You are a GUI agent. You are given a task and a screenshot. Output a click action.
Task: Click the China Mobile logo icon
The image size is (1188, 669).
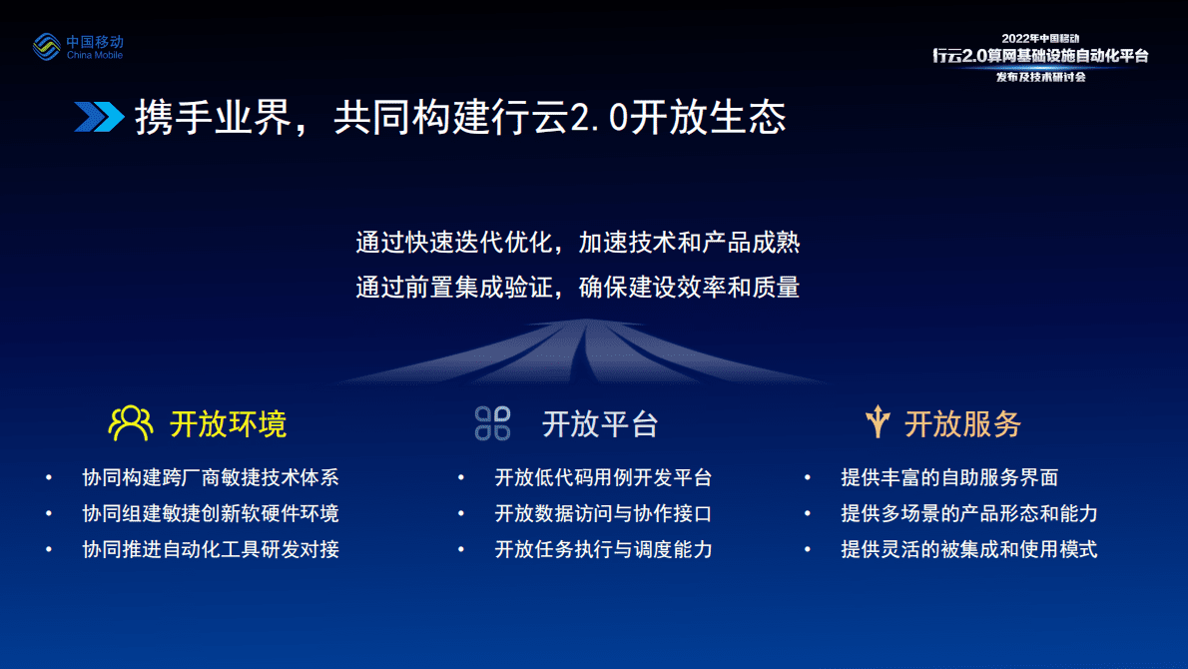[46, 46]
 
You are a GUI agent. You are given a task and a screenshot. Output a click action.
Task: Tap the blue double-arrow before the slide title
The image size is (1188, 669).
[99, 117]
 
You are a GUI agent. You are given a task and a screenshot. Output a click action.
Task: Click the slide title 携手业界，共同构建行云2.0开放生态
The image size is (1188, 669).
[460, 117]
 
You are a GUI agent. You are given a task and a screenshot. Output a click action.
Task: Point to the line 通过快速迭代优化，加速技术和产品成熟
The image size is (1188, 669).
[578, 243]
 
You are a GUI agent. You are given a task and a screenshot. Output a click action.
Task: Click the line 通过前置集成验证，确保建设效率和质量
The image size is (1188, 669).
[578, 288]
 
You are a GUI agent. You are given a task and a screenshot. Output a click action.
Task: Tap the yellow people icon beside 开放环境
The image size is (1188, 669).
[131, 423]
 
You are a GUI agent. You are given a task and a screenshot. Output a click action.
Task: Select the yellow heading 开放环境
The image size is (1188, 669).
[228, 423]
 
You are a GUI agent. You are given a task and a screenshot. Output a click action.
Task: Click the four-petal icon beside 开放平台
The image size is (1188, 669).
[493, 423]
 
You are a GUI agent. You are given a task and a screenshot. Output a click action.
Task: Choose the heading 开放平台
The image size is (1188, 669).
[600, 423]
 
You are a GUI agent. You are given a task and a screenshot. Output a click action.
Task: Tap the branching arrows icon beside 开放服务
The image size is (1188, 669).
[878, 422]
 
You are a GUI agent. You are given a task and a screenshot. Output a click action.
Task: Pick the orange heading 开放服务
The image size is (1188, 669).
[963, 423]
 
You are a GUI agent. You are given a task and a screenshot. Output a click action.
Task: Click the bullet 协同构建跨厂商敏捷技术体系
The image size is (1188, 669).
[211, 477]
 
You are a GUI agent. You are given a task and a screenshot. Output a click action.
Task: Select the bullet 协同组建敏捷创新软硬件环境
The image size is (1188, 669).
[211, 513]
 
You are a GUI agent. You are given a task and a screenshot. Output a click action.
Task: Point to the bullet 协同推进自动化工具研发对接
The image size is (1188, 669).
[211, 549]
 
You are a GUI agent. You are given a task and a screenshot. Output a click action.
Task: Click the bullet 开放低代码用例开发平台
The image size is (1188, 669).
[603, 477]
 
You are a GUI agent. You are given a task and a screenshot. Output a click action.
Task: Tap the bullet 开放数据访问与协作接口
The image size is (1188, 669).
[603, 513]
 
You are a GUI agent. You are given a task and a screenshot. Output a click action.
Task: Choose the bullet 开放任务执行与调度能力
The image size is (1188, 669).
[603, 549]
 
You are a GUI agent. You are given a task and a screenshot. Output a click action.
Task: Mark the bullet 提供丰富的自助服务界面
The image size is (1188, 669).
[949, 477]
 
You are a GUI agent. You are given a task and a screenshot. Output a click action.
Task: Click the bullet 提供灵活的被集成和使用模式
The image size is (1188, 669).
[969, 549]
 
